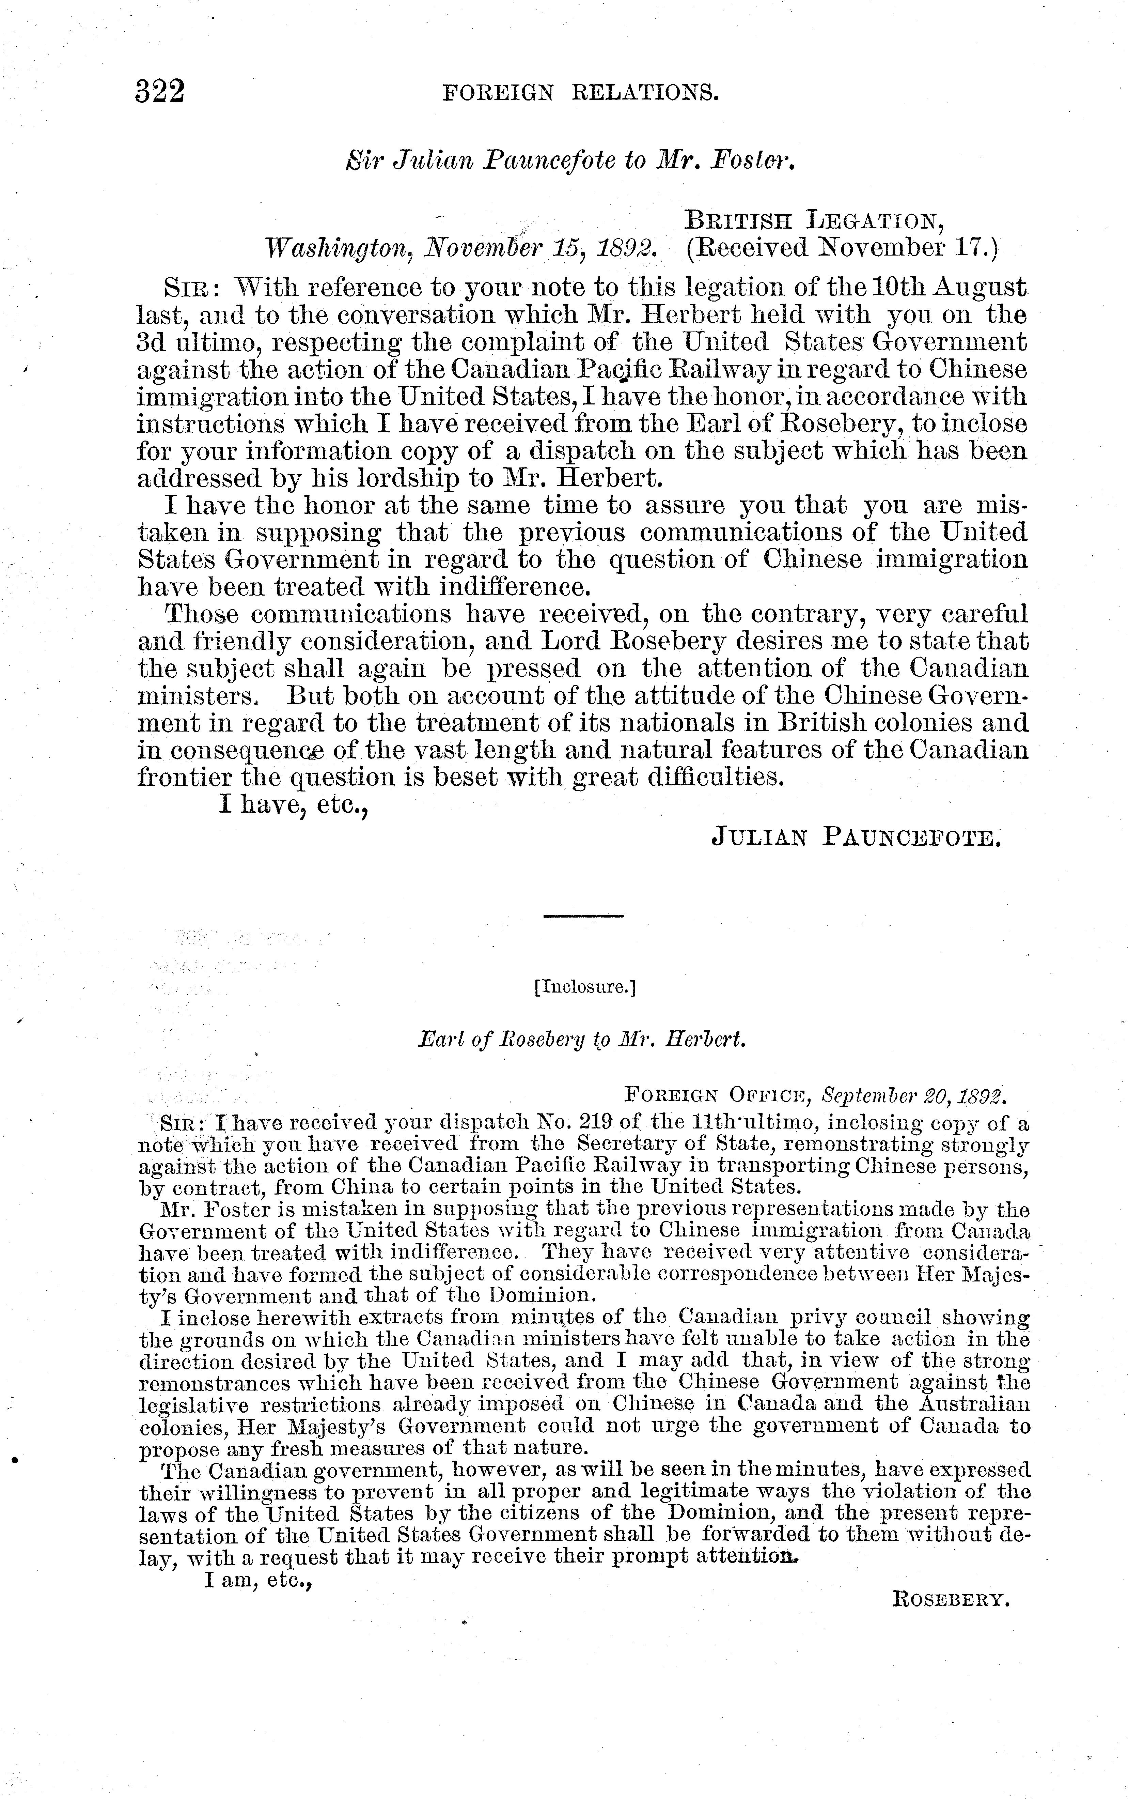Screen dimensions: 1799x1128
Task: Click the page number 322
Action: [160, 93]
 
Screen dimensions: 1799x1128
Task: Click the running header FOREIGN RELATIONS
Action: [580, 93]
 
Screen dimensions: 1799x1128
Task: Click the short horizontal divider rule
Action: [583, 916]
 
